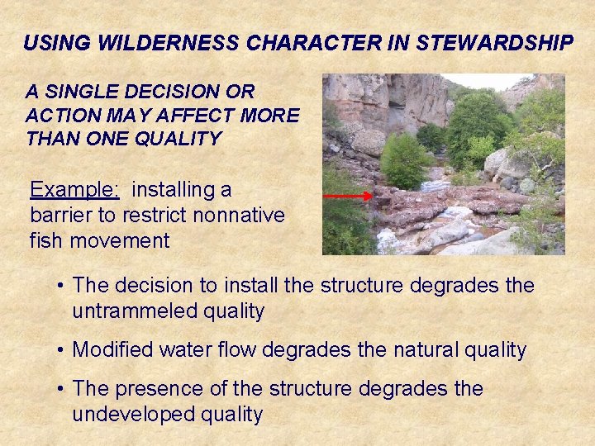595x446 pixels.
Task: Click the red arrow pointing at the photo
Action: click(347, 197)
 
